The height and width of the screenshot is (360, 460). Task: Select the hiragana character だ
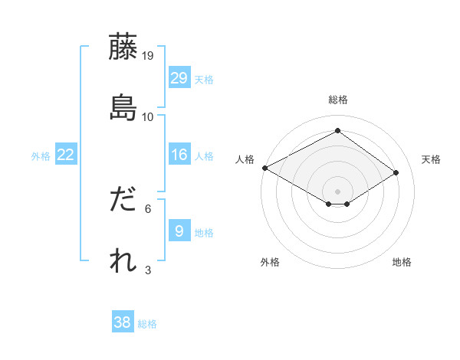click(x=123, y=200)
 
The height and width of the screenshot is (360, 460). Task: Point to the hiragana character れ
click(x=123, y=260)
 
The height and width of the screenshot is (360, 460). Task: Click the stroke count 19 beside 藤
click(x=149, y=56)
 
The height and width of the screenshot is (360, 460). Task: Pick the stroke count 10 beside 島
click(x=149, y=117)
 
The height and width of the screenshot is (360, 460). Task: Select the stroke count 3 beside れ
click(x=149, y=270)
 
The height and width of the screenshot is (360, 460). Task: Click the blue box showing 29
click(x=179, y=78)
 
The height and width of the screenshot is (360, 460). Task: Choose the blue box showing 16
click(x=179, y=155)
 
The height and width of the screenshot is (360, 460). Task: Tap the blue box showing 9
click(x=179, y=231)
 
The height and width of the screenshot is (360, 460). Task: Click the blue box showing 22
click(x=66, y=155)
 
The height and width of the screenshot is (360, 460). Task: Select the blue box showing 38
click(x=123, y=322)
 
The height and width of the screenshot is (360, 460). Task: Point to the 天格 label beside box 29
click(x=204, y=80)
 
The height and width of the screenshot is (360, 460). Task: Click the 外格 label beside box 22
click(x=41, y=156)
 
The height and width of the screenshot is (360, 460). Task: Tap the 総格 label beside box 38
click(x=147, y=324)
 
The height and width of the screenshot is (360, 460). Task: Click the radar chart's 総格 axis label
click(x=337, y=100)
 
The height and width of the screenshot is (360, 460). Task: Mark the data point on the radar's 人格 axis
click(x=264, y=168)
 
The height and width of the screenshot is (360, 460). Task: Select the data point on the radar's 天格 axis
click(x=396, y=173)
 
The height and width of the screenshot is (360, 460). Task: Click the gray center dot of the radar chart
click(x=337, y=191)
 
